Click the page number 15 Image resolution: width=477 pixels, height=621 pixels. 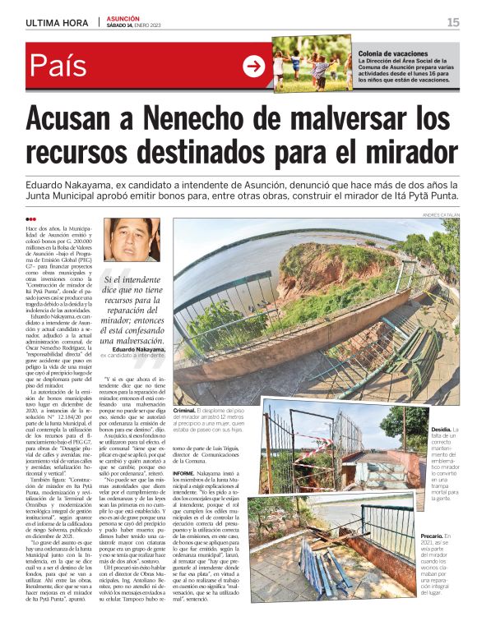pyautogui.click(x=453, y=22)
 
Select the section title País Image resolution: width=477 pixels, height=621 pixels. pyautogui.click(x=58, y=66)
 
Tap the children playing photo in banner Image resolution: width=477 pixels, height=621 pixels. pyautogui.click(x=312, y=64)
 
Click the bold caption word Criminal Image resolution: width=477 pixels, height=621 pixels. pyautogui.click(x=189, y=409)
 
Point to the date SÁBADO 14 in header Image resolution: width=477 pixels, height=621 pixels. pyautogui.click(x=124, y=26)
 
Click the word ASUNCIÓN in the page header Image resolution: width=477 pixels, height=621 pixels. pyautogui.click(x=123, y=18)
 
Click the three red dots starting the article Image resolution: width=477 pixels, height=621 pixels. pyautogui.click(x=31, y=219)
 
